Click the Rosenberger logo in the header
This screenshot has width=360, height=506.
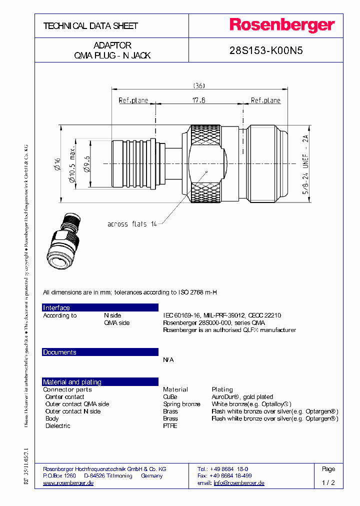click(282, 25)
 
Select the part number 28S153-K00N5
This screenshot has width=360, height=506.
click(266, 50)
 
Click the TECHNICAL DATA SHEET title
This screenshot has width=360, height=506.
click(90, 25)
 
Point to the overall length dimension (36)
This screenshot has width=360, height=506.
click(199, 85)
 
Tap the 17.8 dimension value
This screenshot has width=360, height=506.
click(199, 100)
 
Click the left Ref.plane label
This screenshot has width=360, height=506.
click(133, 100)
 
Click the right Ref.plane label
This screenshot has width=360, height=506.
click(265, 100)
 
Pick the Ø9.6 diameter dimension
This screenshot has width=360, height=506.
click(86, 163)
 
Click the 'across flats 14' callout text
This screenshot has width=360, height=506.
click(132, 224)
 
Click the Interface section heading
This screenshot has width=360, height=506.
click(56, 308)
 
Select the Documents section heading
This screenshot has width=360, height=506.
click(59, 352)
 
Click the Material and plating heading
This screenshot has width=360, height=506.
click(72, 382)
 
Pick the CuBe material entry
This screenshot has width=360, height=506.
click(170, 397)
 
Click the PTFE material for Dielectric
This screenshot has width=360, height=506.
click(170, 426)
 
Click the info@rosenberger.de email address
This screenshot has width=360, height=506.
click(239, 483)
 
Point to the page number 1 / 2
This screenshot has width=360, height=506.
click(328, 483)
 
